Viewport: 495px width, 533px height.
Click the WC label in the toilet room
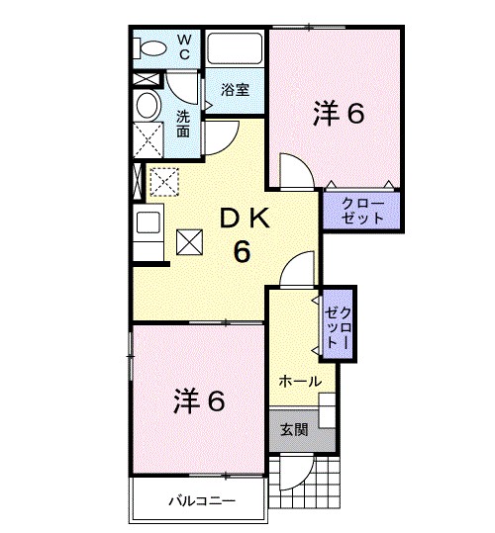[185, 46]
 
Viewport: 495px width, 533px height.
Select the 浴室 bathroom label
[235, 89]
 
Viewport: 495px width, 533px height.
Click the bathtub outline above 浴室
[235, 49]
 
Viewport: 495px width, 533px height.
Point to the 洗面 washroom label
[185, 124]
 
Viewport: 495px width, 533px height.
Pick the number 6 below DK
[242, 251]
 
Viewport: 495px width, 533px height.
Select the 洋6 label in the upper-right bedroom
[339, 114]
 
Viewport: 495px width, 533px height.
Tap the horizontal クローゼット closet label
[362, 210]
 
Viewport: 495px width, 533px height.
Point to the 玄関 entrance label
[293, 429]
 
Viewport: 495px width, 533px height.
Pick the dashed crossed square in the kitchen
[161, 181]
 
